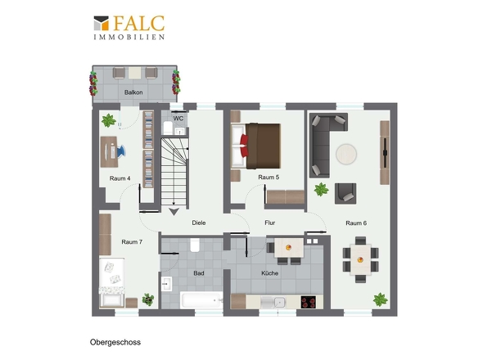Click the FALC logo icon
tap(102, 23)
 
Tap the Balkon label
tap(133, 92)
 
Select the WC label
tap(178, 119)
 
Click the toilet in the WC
tap(168, 128)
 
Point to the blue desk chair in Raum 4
tap(121, 151)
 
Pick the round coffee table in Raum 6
tap(346, 154)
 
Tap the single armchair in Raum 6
tap(345, 193)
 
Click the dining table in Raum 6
tap(360, 259)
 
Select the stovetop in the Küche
tap(309, 302)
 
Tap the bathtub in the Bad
tap(201, 300)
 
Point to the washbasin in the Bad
tap(167, 284)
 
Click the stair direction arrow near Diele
tap(174, 212)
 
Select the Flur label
tap(270, 223)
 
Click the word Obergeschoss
tap(115, 342)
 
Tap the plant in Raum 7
tap(148, 299)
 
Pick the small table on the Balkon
tap(134, 73)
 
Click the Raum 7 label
tap(132, 241)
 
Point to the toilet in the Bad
tap(195, 245)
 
